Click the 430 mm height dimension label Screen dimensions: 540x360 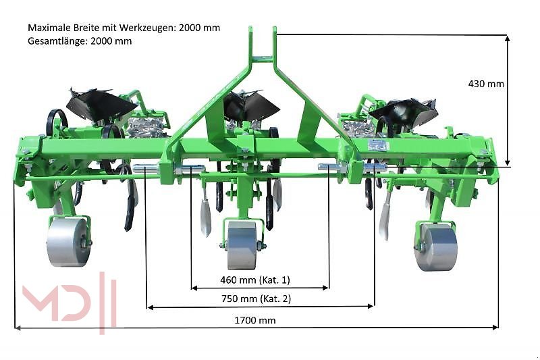[x=486, y=84]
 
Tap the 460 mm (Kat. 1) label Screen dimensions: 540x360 [x=255, y=280]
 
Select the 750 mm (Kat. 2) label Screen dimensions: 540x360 [x=256, y=299]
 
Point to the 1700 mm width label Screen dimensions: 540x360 [x=255, y=320]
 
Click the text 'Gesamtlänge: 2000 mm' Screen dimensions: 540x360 [x=80, y=41]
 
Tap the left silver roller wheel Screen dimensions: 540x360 [x=68, y=242]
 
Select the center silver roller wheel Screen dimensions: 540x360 [x=242, y=245]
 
